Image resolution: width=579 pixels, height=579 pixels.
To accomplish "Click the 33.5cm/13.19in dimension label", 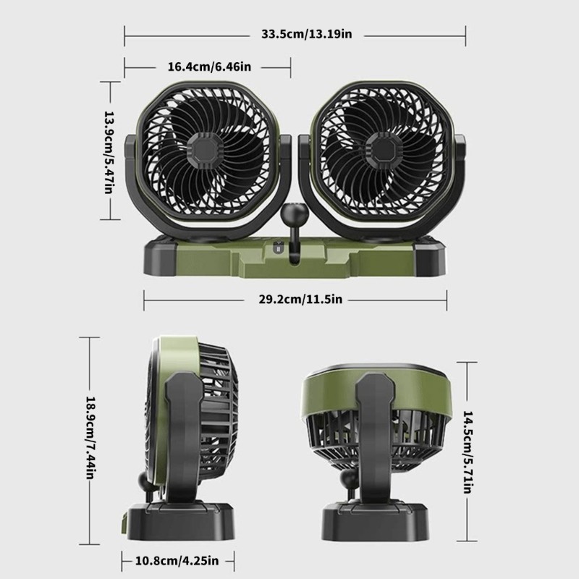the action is (x=306, y=34).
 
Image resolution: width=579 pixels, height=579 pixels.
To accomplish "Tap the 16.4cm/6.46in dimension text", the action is (x=209, y=67).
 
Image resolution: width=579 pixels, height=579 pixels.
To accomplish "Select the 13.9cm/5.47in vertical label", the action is (x=109, y=152).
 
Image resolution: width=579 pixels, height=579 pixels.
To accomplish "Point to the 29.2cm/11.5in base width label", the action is (x=300, y=299).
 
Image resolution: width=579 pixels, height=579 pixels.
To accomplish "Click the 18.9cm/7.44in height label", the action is (x=91, y=438).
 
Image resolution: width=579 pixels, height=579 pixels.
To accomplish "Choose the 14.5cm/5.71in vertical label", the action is (x=468, y=452).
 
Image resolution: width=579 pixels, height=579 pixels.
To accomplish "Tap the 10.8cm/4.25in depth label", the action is (x=177, y=561).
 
